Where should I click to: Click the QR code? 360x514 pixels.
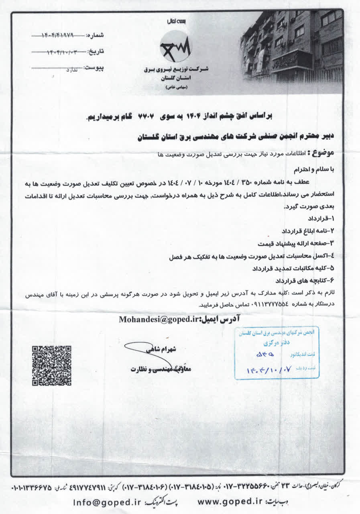click(x=51, y=365)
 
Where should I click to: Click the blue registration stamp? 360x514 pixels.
click(x=277, y=352)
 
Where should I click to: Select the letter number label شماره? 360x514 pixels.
click(x=95, y=36)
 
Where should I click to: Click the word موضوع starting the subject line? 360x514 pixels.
click(x=324, y=153)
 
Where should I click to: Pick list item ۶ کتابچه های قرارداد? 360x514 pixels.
click(x=304, y=280)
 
